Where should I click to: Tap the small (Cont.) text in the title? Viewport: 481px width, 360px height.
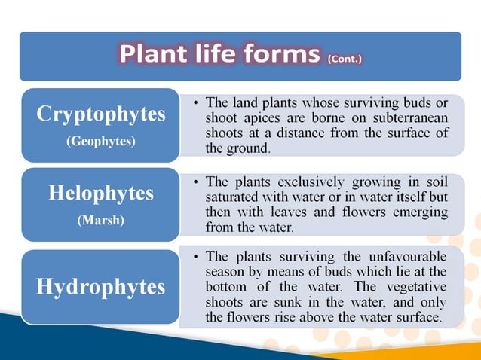(345, 59)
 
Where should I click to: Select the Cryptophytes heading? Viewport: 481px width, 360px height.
(101, 114)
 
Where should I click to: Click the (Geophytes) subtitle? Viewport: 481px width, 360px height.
(101, 141)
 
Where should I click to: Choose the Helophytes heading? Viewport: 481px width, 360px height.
(101, 193)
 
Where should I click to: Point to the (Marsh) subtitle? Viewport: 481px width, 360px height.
(101, 220)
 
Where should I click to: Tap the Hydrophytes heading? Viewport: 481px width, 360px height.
(101, 286)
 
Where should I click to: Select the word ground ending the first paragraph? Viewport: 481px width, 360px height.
(248, 148)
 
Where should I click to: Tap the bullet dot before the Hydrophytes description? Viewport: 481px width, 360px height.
(195, 257)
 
